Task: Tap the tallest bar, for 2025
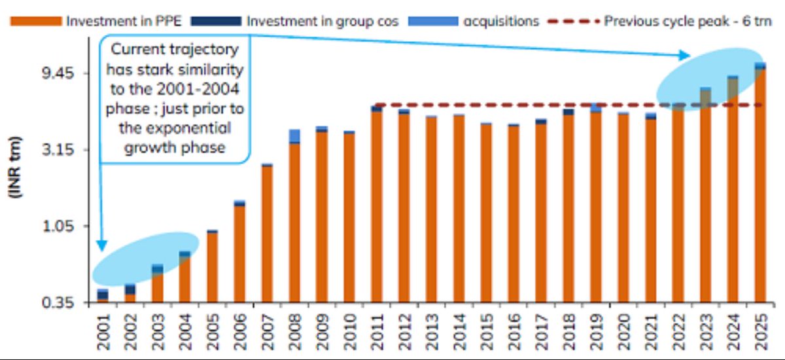[759, 183]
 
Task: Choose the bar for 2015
[485, 213]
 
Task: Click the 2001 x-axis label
[103, 331]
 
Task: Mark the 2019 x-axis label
[595, 331]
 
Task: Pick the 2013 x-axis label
[431, 331]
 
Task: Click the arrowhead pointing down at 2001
[101, 245]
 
